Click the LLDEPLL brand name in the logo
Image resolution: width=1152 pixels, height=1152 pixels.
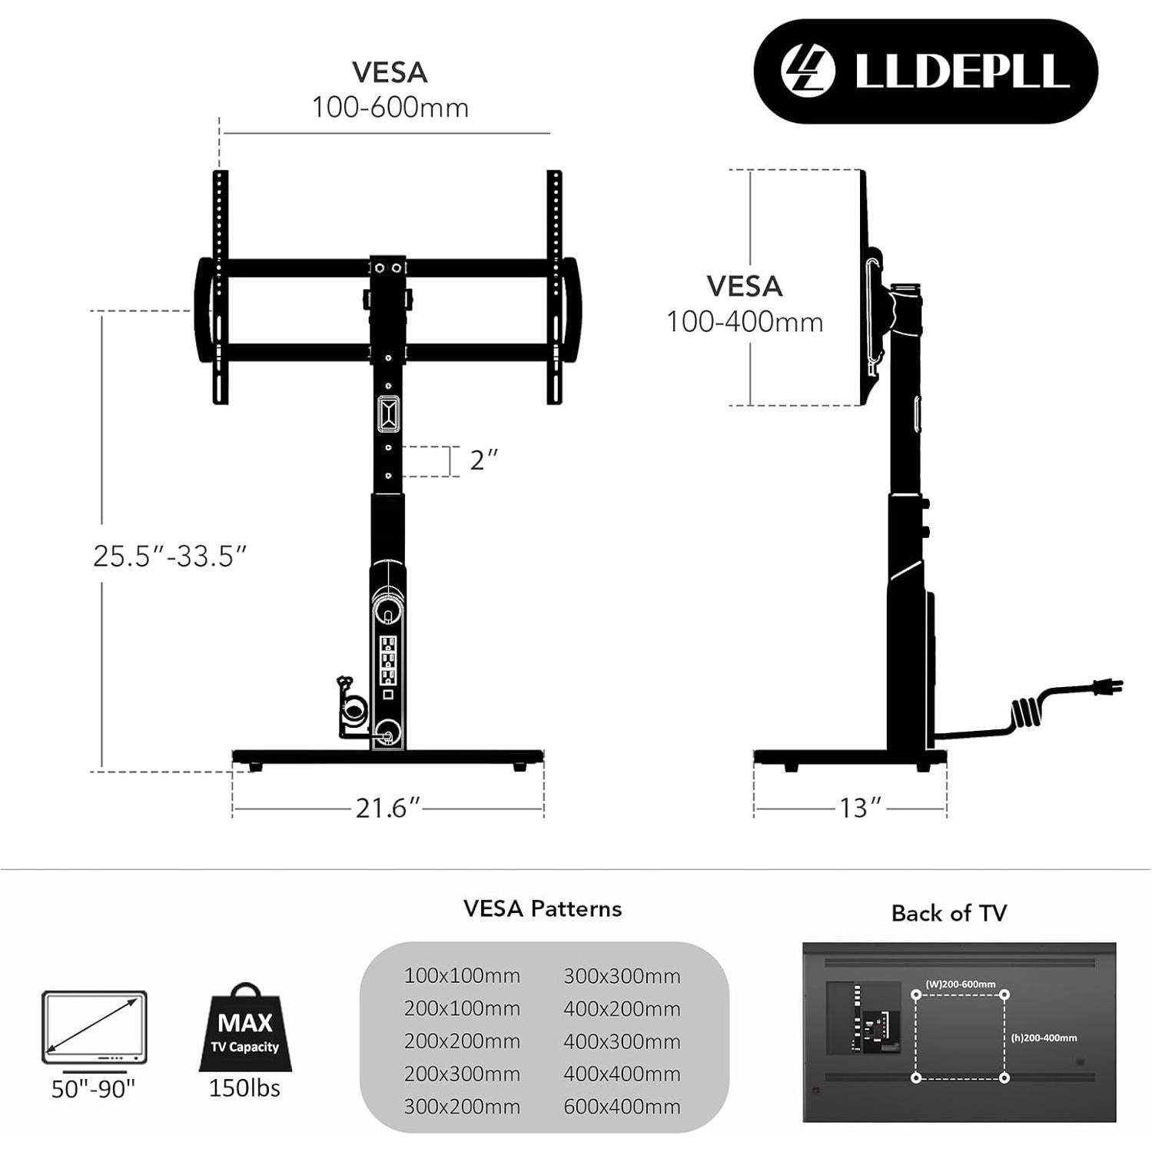961,71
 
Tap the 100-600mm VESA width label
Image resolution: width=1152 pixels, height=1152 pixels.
390,108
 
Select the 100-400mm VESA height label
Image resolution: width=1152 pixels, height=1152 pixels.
744,322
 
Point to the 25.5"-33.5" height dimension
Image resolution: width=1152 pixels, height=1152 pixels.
170,556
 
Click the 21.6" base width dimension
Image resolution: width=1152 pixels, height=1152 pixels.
388,808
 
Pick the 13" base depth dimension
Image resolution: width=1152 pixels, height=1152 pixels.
859,808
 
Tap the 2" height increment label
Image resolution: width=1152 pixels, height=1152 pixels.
483,460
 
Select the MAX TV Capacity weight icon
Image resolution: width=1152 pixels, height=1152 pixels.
245,1029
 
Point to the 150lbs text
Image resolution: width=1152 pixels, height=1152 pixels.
244,1088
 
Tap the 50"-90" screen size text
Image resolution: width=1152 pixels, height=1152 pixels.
93,1089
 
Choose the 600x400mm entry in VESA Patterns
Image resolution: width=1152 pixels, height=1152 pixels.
622,1107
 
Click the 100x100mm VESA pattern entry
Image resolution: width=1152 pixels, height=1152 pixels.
462,975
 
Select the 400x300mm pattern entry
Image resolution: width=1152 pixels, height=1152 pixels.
622,1041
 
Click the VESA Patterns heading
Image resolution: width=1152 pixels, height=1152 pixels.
543,908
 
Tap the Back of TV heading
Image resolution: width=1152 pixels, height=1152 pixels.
948,913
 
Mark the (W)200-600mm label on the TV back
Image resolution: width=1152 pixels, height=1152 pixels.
960,984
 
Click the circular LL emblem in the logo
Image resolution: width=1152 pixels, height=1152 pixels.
808,71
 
